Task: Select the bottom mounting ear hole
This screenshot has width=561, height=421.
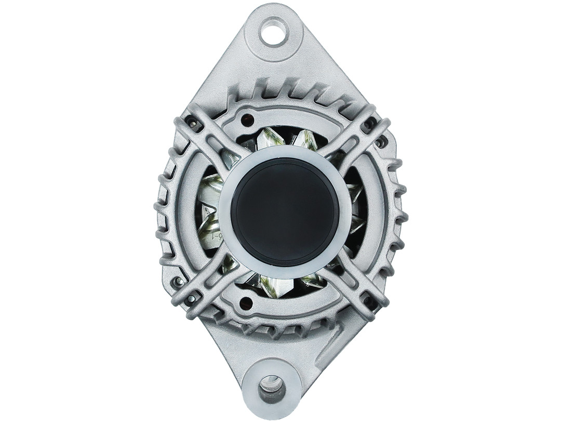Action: click(272, 387)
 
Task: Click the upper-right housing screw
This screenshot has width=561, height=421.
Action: click(370, 124)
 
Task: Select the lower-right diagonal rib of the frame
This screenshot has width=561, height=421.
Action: click(358, 281)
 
